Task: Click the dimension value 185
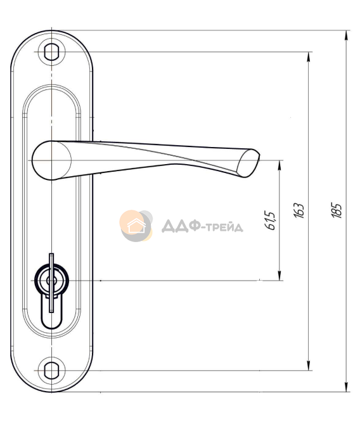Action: tap(337, 211)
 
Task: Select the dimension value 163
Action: tap(299, 211)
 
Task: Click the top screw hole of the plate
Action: tap(51, 52)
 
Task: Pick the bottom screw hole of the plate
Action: tap(51, 371)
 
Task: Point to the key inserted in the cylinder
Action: tap(51, 283)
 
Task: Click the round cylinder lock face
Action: tap(51, 281)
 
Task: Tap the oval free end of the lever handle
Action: tap(248, 163)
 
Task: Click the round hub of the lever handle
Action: tap(52, 160)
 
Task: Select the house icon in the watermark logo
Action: tap(136, 226)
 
